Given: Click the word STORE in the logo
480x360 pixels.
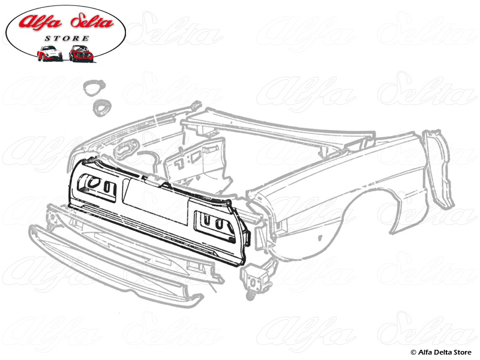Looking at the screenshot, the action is click(x=67, y=38).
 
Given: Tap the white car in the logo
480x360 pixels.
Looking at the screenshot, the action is click(x=49, y=53).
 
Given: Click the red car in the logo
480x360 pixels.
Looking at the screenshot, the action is click(x=81, y=53).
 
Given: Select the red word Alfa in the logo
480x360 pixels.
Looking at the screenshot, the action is click(x=40, y=22).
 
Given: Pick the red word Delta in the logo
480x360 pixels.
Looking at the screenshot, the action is click(x=92, y=22).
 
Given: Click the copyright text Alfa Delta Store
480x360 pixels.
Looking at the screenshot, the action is click(x=444, y=352).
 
